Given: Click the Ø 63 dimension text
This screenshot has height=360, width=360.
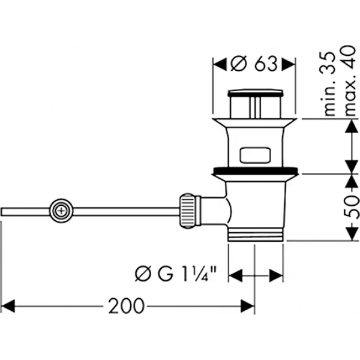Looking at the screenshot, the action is coord(254,64).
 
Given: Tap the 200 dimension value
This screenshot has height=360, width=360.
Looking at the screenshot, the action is coord(126,306).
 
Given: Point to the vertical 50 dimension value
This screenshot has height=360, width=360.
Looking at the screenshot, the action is coord(352,207).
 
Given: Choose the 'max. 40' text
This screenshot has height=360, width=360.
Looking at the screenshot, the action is coord(351,80).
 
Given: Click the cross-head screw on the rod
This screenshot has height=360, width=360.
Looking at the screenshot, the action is coord(62,211).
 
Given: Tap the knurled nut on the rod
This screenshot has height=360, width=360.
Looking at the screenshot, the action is coord(188,211).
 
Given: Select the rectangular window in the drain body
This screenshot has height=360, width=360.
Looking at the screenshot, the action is coord(255,155).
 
